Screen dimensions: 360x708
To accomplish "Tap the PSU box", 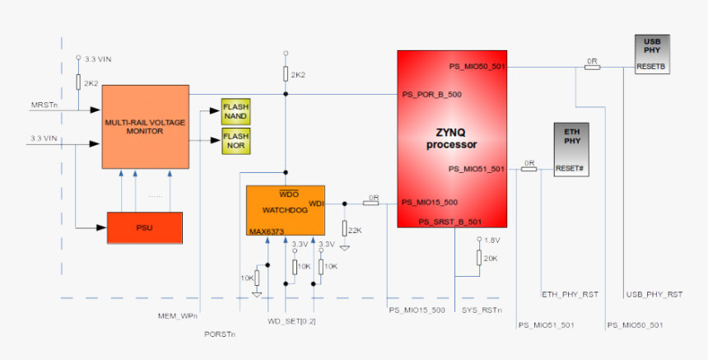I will click(x=144, y=227).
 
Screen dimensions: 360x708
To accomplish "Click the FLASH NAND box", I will click(x=235, y=112).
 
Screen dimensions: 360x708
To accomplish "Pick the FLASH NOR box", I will click(x=235, y=141).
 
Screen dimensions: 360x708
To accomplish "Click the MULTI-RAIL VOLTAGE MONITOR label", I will click(x=144, y=126).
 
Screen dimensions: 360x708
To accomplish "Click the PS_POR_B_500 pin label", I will click(x=431, y=94).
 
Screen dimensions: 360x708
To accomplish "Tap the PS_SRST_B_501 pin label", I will click(x=449, y=222).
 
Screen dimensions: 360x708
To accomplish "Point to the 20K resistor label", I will click(x=491, y=258).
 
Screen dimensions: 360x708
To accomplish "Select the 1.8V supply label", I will click(x=491, y=240).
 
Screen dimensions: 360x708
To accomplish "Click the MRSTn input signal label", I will click(x=44, y=105).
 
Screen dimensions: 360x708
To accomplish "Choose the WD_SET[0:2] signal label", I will click(x=291, y=320).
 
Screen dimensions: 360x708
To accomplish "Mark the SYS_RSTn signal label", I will click(x=482, y=310).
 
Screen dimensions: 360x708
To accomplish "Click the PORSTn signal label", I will click(x=220, y=334).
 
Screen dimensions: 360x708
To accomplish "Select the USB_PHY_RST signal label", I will click(x=654, y=294).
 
